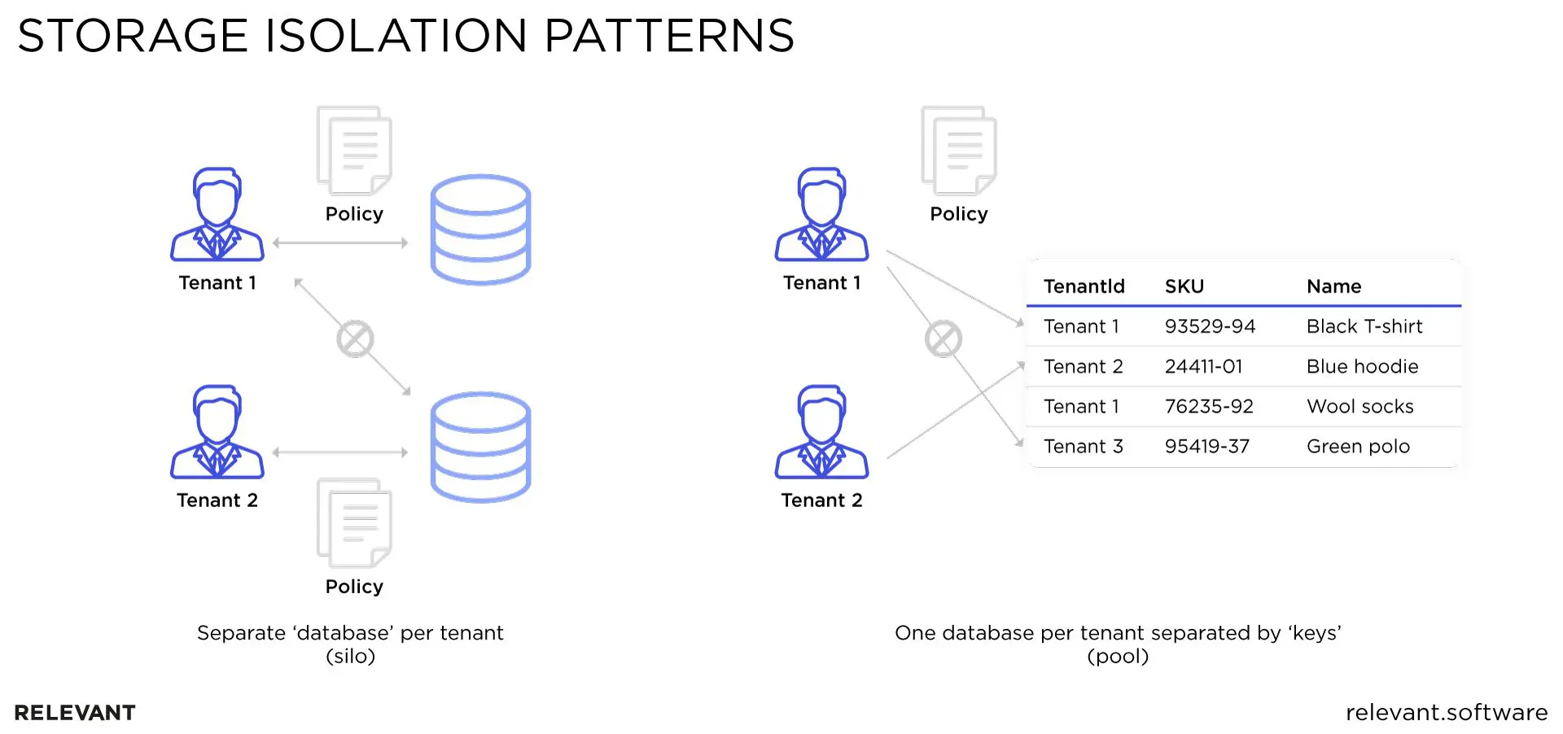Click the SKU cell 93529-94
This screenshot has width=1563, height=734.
(1210, 326)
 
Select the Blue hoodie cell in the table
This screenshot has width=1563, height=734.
(1362, 366)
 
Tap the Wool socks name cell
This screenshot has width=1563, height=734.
(1359, 406)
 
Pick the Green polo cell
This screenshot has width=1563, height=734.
(1358, 446)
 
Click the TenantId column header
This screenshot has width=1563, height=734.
(1084, 286)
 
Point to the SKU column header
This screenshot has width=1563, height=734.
(1184, 286)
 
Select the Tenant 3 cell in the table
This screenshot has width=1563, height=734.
(1083, 446)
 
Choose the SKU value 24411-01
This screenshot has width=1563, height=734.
(1203, 366)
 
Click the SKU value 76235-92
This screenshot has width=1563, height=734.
(1209, 406)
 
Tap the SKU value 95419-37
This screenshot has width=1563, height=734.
(1206, 446)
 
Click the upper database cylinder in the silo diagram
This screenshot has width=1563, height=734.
(480, 229)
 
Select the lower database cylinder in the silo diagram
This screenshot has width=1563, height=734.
(480, 447)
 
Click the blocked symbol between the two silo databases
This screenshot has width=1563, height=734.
(355, 339)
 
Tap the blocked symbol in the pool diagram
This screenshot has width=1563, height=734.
(943, 339)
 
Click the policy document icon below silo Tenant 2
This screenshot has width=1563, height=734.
(354, 522)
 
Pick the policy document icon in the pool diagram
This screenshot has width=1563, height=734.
(958, 151)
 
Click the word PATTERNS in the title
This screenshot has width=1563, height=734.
(668, 36)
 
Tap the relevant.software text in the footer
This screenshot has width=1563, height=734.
(1446, 712)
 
